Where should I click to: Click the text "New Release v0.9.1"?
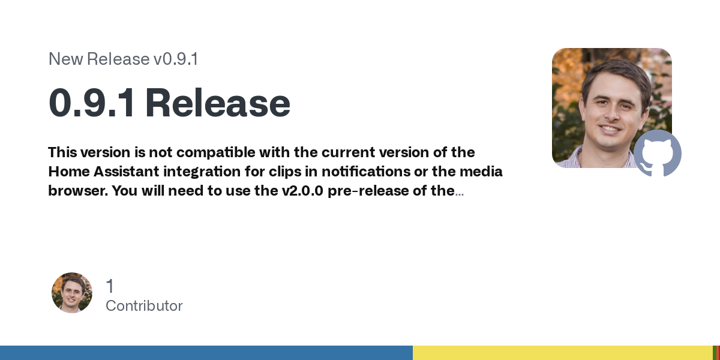(x=123, y=59)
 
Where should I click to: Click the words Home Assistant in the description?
(x=103, y=172)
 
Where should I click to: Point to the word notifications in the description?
(x=366, y=172)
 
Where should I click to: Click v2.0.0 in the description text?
(x=302, y=191)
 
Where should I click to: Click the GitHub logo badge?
(x=658, y=154)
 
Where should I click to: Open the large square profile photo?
(x=611, y=107)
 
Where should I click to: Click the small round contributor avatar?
(x=72, y=293)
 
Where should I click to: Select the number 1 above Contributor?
(x=110, y=286)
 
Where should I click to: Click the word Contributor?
(x=144, y=306)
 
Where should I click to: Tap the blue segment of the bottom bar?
(x=206, y=353)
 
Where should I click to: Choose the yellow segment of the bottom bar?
(x=563, y=353)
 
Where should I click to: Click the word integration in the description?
(x=202, y=172)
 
